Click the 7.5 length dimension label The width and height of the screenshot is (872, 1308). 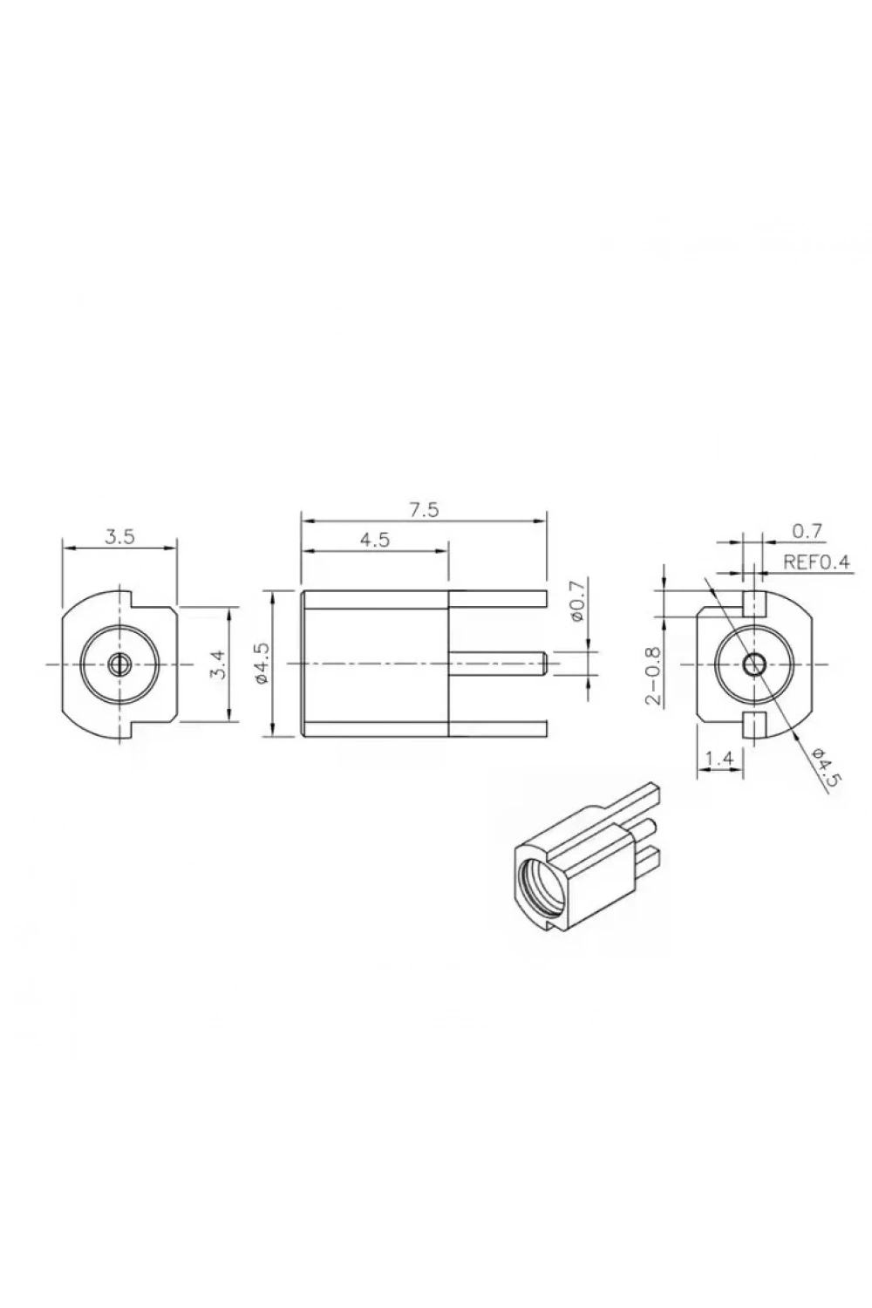pos(424,510)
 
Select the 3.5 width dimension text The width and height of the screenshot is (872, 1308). pos(119,537)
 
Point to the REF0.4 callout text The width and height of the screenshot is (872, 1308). pos(816,562)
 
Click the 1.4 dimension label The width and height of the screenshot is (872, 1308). pos(719,759)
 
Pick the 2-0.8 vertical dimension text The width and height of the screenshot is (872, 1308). pos(655,676)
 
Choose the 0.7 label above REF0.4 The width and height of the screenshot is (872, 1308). pos(807,531)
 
